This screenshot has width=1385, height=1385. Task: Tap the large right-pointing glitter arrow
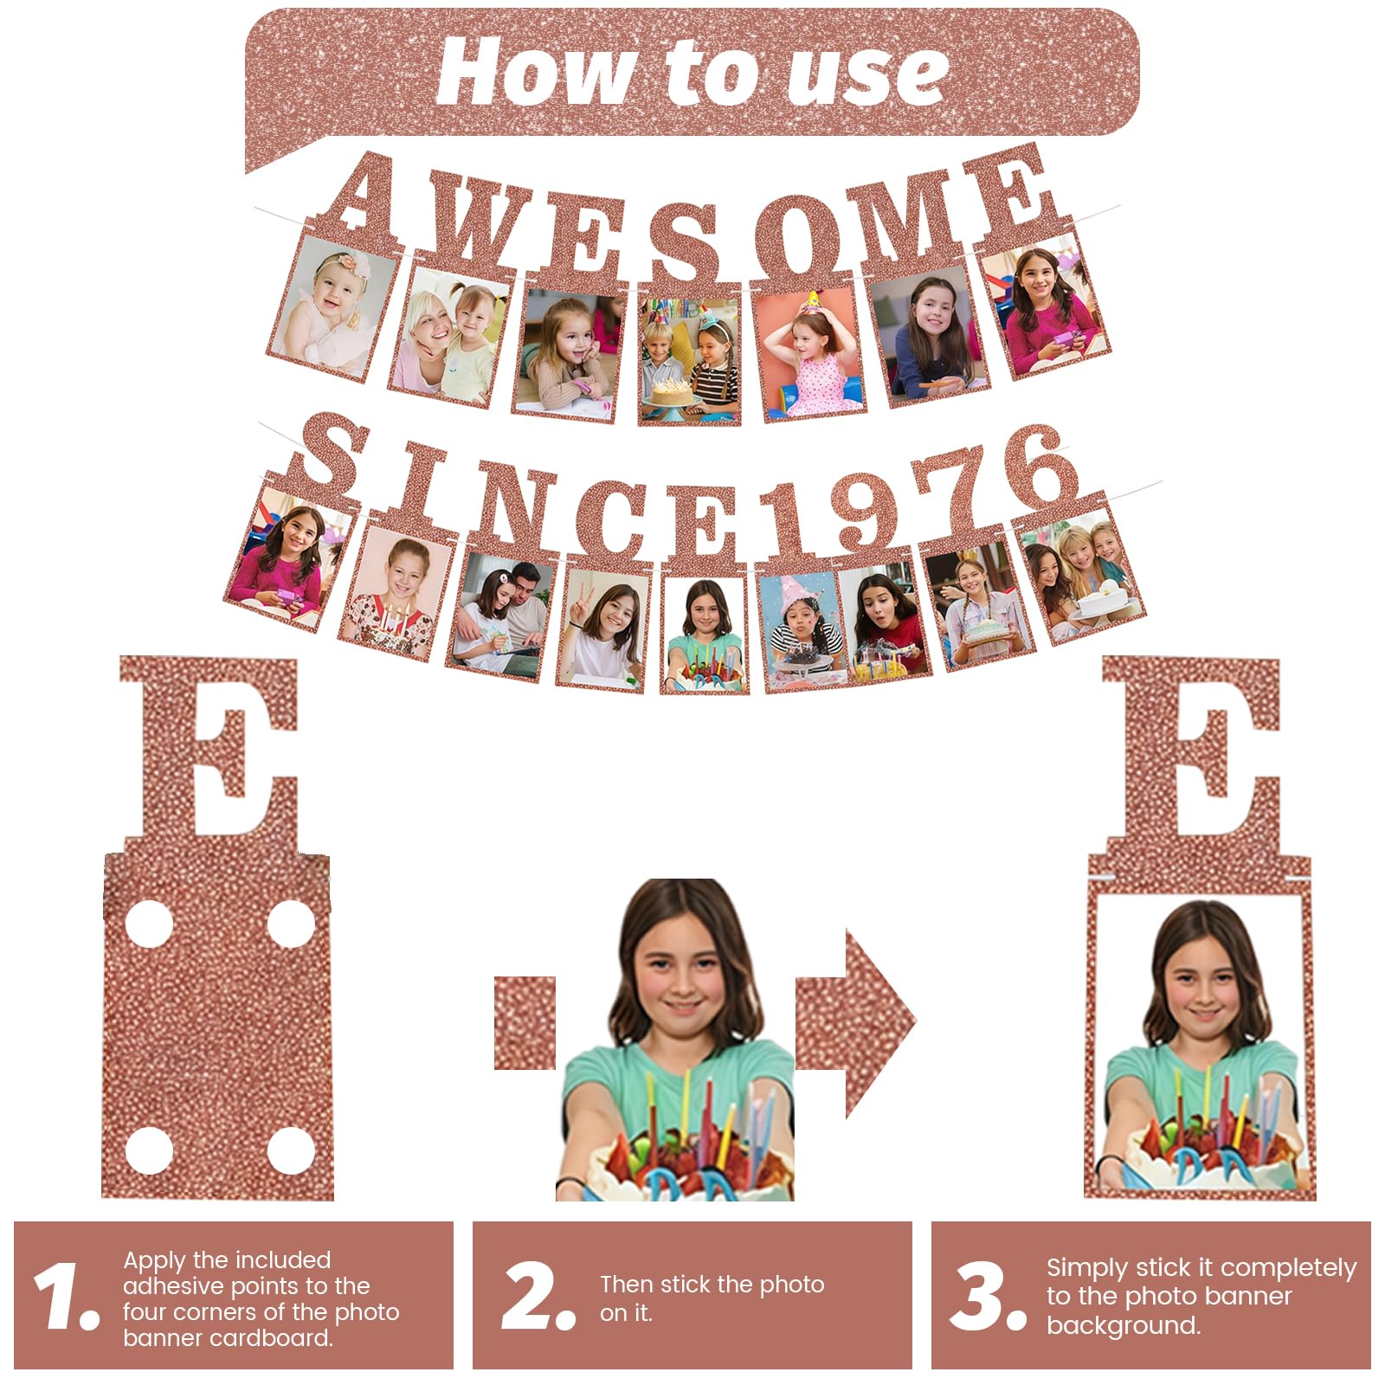(x=855, y=1023)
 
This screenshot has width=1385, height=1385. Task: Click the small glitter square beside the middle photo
(x=525, y=1023)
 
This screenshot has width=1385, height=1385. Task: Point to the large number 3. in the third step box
(x=988, y=1295)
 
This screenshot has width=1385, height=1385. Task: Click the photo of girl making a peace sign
(x=603, y=629)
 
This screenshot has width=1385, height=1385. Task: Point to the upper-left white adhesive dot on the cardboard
(x=148, y=924)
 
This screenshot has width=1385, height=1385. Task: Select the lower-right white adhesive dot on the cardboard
(x=291, y=1150)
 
